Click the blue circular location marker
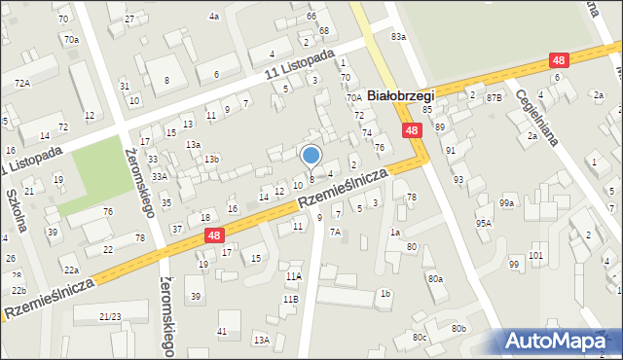tap(311, 155)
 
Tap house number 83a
tap(397, 36)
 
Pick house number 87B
tap(495, 96)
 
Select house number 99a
tap(506, 202)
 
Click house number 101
tap(536, 255)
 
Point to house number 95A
tap(483, 223)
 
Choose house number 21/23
tap(110, 317)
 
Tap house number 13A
tap(261, 340)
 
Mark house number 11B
tap(290, 299)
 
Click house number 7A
tap(335, 232)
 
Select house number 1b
tap(385, 293)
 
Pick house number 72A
tap(21, 84)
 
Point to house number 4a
tap(214, 17)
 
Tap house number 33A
tap(159, 176)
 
